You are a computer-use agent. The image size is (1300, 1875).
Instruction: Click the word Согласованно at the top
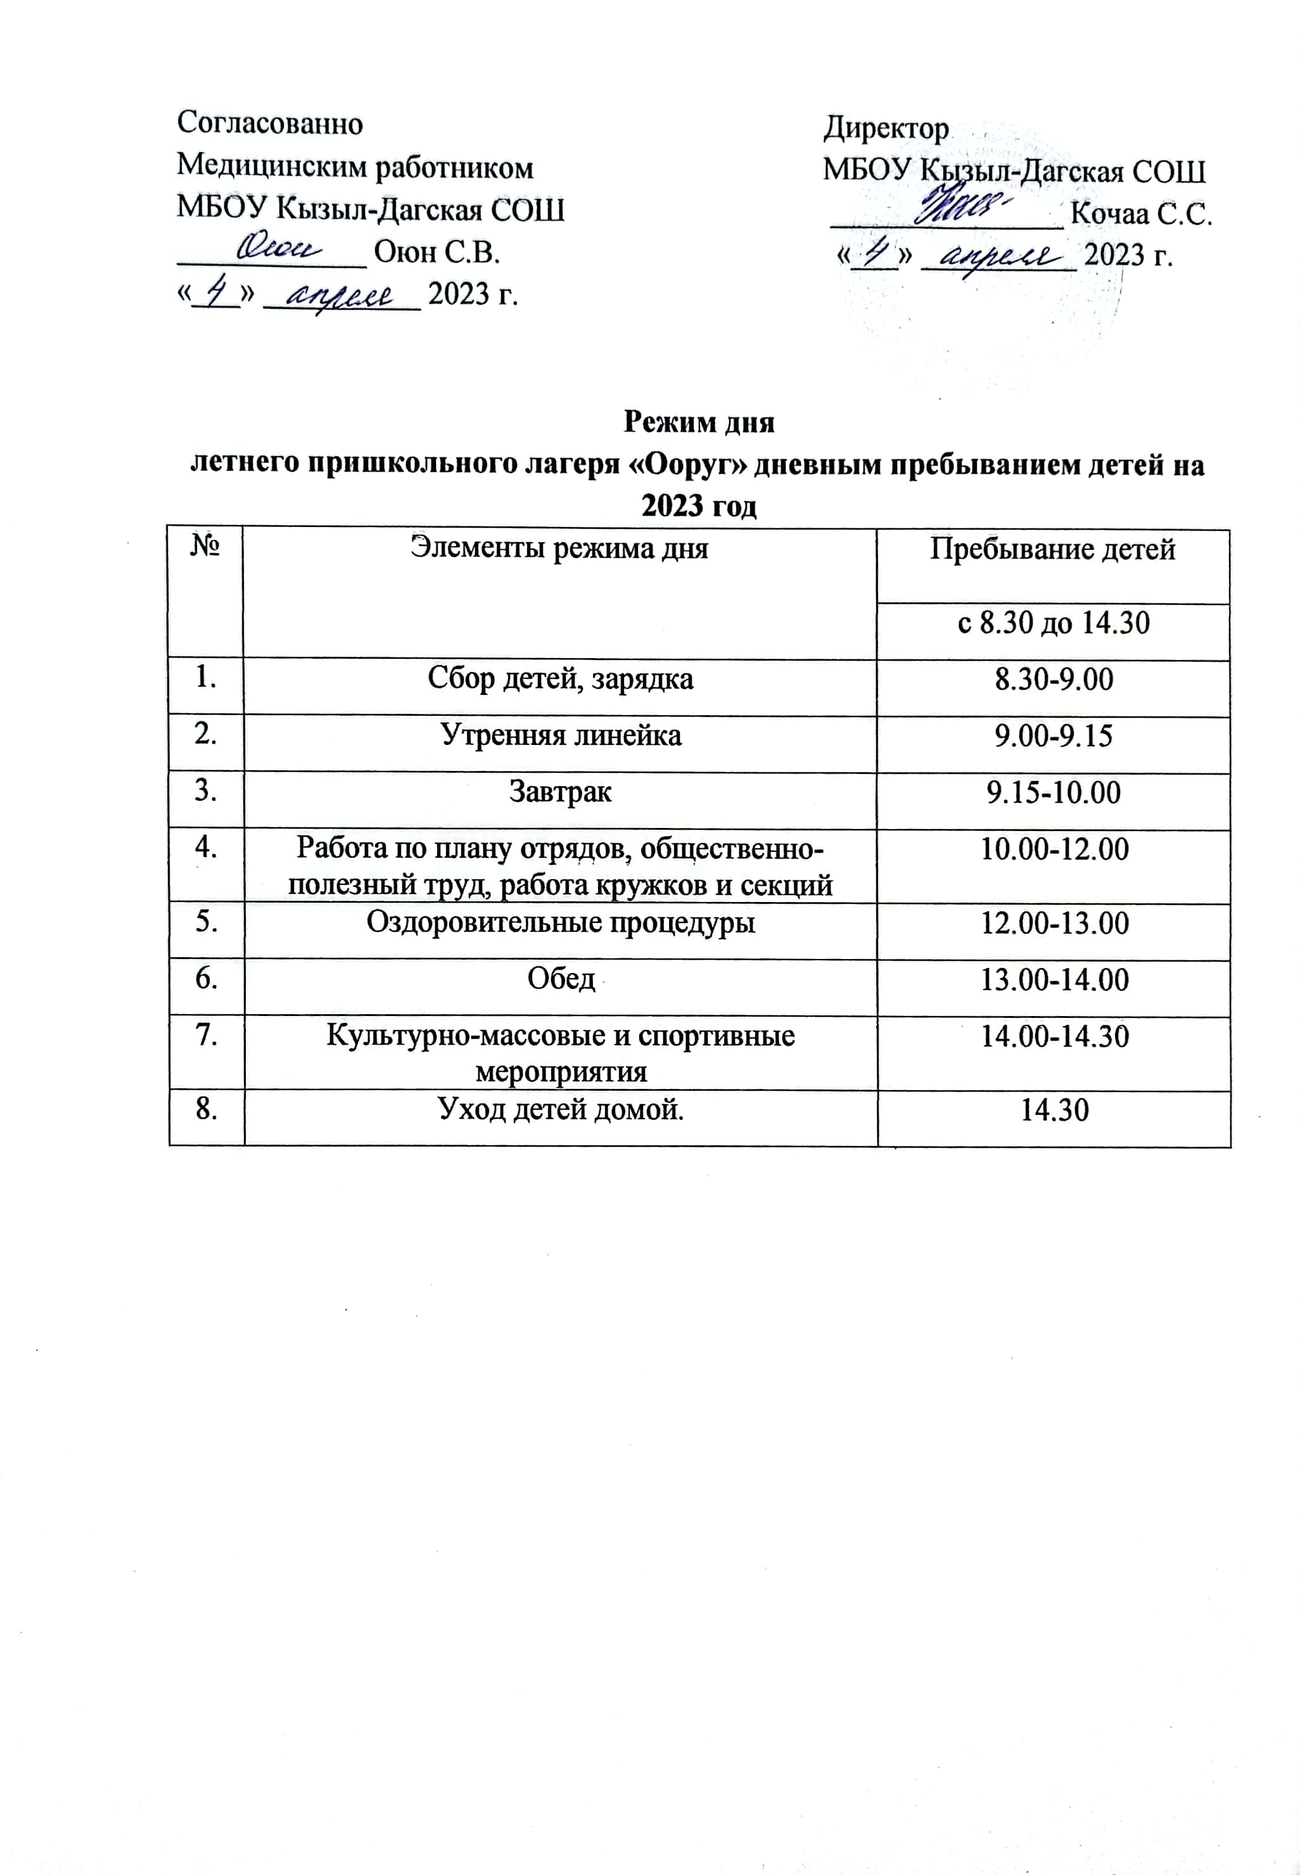click(270, 124)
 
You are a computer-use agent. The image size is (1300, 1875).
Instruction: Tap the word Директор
click(886, 129)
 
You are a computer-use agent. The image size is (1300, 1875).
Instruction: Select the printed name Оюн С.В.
click(437, 253)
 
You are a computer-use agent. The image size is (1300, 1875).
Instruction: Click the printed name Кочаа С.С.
click(1141, 214)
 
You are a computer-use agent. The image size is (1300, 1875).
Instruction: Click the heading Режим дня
click(698, 423)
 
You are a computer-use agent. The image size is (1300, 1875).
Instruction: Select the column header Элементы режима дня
click(559, 548)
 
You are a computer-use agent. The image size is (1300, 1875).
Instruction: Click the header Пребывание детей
click(1052, 550)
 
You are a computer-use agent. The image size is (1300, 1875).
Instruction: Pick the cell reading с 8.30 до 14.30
click(1052, 624)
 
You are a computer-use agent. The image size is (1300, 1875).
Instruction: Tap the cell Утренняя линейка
click(561, 736)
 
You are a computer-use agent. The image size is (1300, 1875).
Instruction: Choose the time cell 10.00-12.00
click(1054, 849)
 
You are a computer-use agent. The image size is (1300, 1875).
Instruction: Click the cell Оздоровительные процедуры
click(561, 923)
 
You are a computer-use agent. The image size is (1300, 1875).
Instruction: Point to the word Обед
click(561, 979)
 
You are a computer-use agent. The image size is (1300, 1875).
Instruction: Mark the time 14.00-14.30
click(1054, 1037)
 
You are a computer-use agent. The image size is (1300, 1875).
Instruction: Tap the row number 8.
click(205, 1109)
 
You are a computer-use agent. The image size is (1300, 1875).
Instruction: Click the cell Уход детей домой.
click(561, 1109)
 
